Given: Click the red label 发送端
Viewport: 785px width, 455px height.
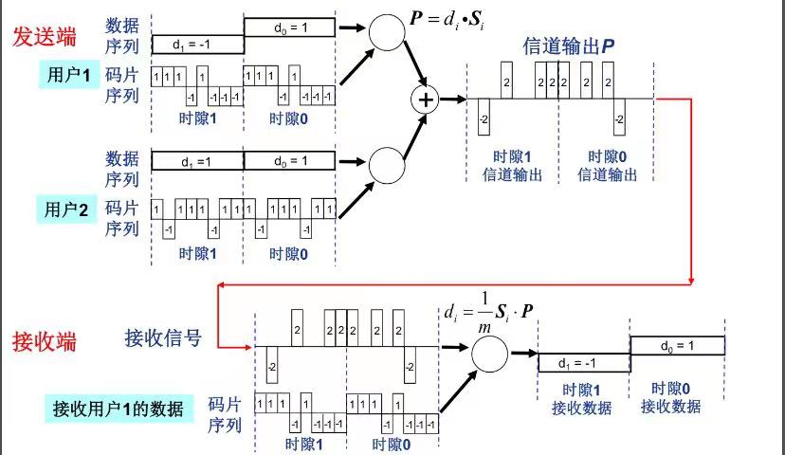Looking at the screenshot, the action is [x=44, y=37].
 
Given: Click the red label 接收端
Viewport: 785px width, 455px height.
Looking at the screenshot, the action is [x=44, y=342].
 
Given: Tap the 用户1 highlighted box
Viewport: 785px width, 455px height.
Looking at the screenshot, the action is [x=69, y=75].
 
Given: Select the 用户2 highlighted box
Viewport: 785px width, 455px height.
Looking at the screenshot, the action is [x=66, y=209].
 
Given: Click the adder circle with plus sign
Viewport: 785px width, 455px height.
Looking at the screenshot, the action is [x=425, y=100].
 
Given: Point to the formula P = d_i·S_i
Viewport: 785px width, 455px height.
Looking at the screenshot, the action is [x=447, y=20].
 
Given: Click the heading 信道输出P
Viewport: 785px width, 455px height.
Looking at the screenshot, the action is [x=569, y=46].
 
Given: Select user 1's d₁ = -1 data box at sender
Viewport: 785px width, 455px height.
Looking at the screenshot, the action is [x=198, y=45].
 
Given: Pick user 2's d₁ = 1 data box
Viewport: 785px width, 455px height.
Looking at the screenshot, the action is [x=197, y=161].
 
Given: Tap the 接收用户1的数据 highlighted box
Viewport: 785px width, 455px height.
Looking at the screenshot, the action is [x=119, y=409].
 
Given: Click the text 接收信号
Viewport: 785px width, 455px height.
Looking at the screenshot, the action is [x=163, y=338].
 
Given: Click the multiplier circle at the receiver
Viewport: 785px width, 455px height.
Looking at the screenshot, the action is [x=489, y=354].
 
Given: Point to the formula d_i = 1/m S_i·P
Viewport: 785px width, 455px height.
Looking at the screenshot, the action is [x=488, y=313].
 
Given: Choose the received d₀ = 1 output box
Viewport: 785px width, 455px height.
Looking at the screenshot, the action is [x=677, y=345].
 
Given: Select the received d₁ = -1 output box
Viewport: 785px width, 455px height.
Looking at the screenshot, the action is [x=584, y=363].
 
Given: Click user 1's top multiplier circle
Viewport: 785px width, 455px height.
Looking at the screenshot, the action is [x=387, y=32].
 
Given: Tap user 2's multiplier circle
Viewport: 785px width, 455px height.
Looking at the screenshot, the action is [x=387, y=165].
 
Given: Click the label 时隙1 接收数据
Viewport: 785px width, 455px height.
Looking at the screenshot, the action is [x=581, y=399].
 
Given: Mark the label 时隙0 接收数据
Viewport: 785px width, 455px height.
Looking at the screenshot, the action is [x=670, y=397].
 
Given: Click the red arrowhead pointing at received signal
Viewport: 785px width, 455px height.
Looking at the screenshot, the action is [x=248, y=347].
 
